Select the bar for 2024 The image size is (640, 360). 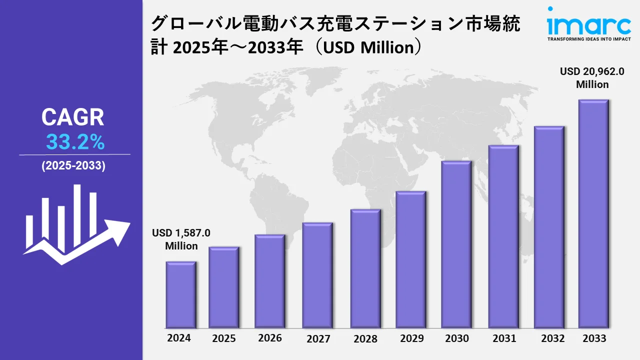click(181, 294)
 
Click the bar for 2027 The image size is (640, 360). click(317, 275)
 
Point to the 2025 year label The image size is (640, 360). click(224, 338)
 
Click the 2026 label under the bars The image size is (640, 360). click(270, 338)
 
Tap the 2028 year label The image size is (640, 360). click(365, 338)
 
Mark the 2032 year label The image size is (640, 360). click(552, 338)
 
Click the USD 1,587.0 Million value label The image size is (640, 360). click(181, 239)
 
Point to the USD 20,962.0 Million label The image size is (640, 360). click(592, 78)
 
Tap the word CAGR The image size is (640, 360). click(73, 117)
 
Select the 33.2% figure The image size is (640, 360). click(75, 142)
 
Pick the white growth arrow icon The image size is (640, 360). click(75, 225)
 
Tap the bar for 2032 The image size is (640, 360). click(549, 227)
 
